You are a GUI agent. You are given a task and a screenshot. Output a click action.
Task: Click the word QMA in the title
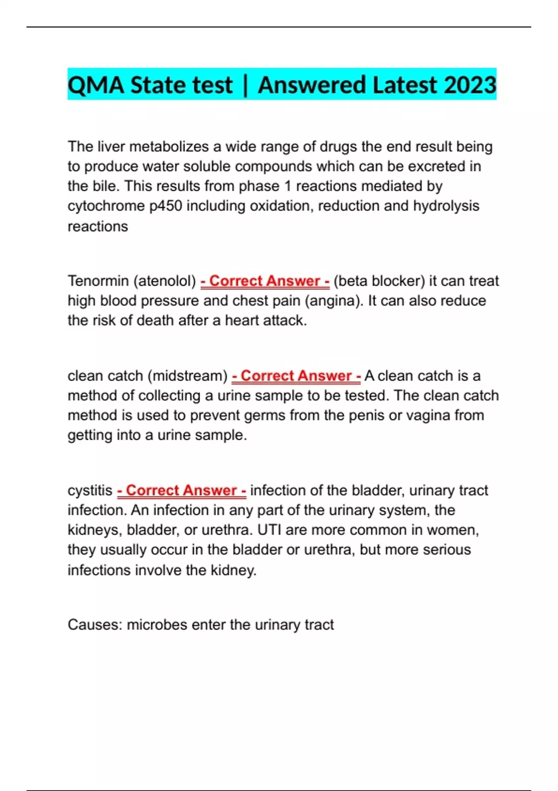coord(96,85)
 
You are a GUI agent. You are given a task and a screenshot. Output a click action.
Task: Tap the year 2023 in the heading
coord(470,85)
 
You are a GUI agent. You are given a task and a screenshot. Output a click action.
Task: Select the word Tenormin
coord(98,281)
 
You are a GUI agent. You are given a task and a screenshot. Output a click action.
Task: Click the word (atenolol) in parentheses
coord(165,281)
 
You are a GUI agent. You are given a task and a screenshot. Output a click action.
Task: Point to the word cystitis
coord(90,490)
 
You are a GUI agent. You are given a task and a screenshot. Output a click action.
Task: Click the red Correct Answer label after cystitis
coord(181,490)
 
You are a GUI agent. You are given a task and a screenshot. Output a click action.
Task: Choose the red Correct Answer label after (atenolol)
coord(265,281)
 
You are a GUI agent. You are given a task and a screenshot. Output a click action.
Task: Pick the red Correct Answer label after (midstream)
coord(296,376)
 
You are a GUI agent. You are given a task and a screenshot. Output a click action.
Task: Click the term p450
coord(166,206)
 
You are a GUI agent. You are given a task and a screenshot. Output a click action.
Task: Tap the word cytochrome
coord(106,206)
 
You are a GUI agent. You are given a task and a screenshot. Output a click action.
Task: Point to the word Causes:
coord(95,624)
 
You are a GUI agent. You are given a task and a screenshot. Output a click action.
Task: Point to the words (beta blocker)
coord(379,281)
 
